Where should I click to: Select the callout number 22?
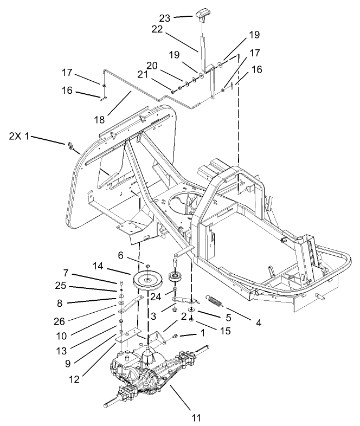pos(157,31)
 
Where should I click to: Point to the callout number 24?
pos(156,296)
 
